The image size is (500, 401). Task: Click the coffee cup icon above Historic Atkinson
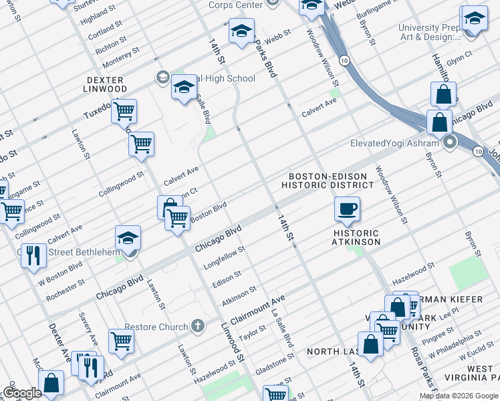347,209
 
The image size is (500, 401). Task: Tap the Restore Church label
155,327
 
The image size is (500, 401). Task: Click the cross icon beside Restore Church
197,326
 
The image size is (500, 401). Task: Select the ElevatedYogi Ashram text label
394,143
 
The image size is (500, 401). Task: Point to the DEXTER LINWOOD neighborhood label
105,84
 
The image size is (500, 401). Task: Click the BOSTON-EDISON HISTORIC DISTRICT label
327,180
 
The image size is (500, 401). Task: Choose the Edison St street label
227,276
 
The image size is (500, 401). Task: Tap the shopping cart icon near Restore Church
121,341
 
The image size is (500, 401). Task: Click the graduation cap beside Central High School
184,88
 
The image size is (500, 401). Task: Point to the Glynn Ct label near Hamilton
459,57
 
